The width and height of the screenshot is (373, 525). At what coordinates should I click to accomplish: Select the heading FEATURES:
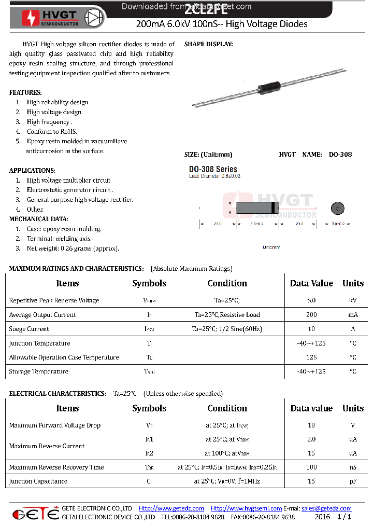[x=25, y=92]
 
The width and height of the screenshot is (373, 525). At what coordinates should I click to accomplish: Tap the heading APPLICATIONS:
[x=32, y=170]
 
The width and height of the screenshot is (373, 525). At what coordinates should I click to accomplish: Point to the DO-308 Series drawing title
[x=213, y=169]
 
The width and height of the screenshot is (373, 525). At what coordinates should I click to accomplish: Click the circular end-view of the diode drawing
[x=338, y=209]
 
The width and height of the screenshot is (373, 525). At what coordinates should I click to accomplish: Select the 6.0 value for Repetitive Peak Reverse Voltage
[x=311, y=300]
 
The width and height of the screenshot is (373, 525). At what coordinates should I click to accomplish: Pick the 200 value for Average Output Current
[x=311, y=315]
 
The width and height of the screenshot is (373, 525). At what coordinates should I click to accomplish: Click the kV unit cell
[x=353, y=300]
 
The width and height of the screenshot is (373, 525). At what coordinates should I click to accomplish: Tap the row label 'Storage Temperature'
[x=38, y=371]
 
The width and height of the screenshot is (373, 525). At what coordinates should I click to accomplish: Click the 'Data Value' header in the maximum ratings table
[x=311, y=283]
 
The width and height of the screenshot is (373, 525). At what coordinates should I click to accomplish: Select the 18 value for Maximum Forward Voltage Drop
[x=311, y=425]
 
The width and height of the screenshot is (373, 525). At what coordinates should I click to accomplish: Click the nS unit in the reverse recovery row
[x=353, y=467]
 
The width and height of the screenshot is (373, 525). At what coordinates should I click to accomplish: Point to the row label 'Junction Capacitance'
[x=38, y=481]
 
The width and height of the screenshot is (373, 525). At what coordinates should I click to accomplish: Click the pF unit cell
[x=353, y=481]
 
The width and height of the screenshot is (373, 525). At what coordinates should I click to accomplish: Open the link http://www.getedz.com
[x=171, y=508]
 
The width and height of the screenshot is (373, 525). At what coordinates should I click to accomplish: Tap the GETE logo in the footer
[x=35, y=513]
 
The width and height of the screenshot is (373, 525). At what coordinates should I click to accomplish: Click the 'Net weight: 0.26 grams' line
[x=73, y=248]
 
